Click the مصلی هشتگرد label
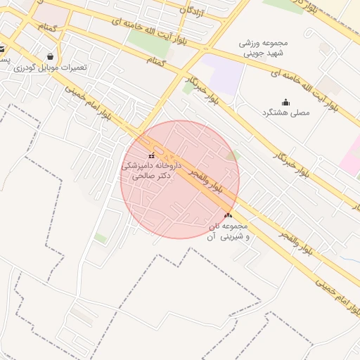[x=285, y=113]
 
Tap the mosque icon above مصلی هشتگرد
[x=285, y=103]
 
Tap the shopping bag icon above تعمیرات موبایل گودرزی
[x=50, y=56]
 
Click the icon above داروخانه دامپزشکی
[x=152, y=155]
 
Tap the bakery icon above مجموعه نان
[x=227, y=215]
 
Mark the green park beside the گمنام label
[x=148, y=44]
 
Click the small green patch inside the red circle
[x=234, y=155]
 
